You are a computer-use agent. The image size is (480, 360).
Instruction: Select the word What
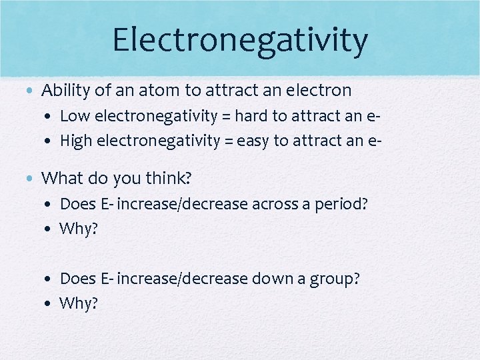(61, 178)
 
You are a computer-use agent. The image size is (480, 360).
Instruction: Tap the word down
(271, 279)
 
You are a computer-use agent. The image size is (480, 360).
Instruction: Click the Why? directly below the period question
(79, 229)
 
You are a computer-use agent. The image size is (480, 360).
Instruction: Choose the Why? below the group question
(79, 303)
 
